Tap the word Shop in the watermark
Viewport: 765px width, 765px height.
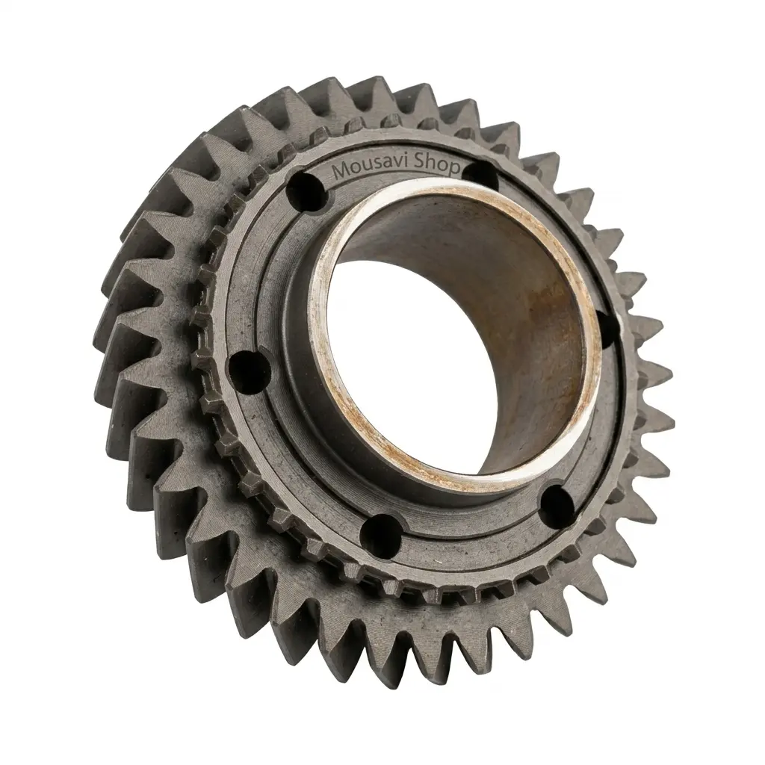click(x=437, y=167)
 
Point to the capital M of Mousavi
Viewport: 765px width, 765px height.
click(x=340, y=171)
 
